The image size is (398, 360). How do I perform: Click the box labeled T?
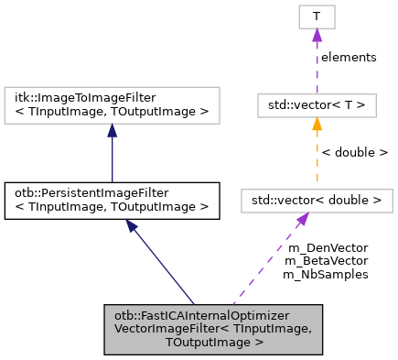coord(317,16)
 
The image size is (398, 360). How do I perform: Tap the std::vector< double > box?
coord(317,200)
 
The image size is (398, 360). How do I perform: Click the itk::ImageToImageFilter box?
coord(112,106)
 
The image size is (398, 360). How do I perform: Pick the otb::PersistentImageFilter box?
coord(112,201)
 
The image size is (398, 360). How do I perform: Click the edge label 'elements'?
coord(349,57)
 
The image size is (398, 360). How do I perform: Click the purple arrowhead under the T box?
coord(317,35)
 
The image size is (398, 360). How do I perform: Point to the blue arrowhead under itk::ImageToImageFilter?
coord(112,132)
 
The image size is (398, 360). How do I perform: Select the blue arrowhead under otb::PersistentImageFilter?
coord(134,226)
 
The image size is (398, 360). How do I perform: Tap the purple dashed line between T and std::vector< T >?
coord(317,69)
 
